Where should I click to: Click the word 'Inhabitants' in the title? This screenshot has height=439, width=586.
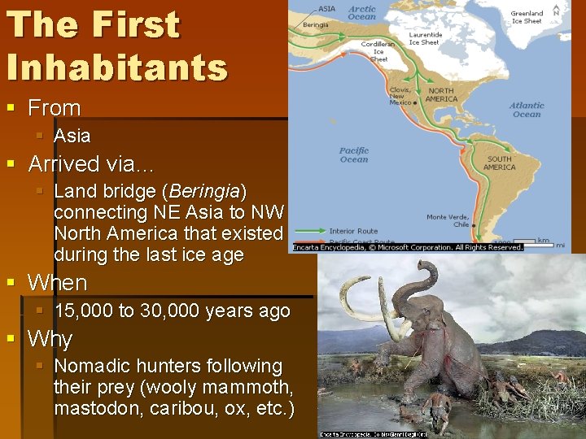pos(116,67)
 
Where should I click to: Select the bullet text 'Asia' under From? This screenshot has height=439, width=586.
pos(72,136)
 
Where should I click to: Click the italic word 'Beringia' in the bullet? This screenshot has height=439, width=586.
pos(204,192)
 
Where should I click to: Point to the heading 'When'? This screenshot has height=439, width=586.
pos(57,283)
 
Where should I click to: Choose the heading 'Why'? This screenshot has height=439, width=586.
pos(50,339)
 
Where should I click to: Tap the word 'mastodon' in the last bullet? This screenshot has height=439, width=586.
pos(98,408)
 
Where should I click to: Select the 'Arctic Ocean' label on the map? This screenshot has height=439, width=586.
pos(362,12)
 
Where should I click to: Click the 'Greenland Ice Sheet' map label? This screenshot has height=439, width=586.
pos(527,17)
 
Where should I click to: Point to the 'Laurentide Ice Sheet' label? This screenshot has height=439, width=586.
pos(425,38)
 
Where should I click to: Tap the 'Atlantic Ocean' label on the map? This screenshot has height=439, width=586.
pos(527,110)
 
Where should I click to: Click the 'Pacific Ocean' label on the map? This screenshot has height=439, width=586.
pos(354,154)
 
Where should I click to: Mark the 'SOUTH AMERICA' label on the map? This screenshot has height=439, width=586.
pos(499,163)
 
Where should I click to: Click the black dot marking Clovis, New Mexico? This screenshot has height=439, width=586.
pos(416,103)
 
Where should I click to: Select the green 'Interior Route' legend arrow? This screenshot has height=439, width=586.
pos(308,231)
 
